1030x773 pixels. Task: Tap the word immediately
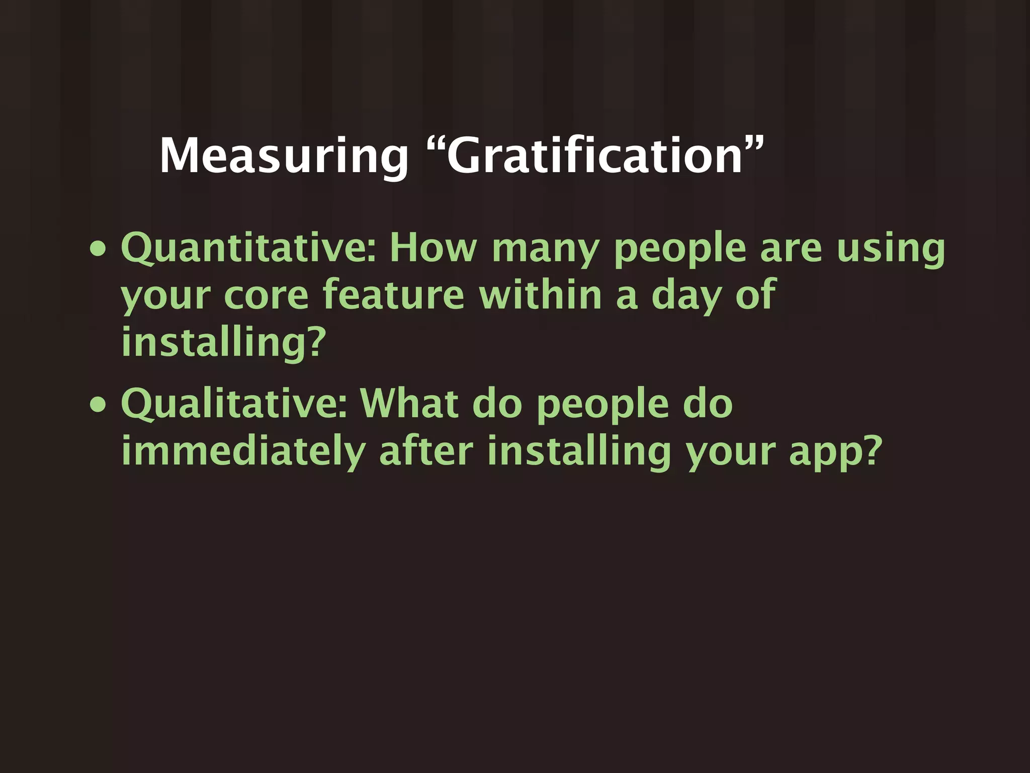coord(243,451)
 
